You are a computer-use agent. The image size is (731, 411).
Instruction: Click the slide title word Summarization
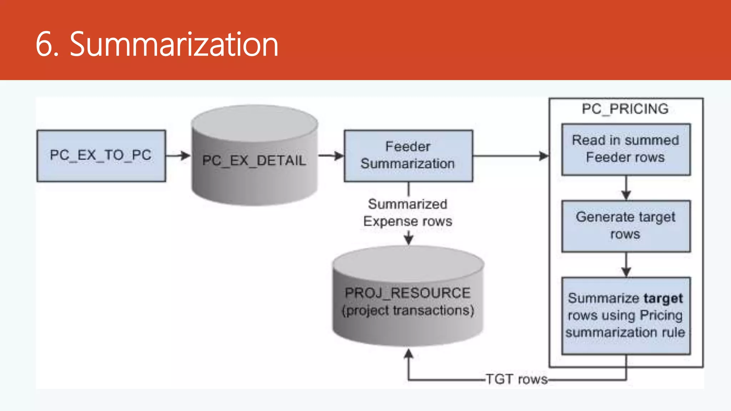click(x=174, y=44)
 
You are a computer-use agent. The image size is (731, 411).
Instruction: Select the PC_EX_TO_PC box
click(x=101, y=156)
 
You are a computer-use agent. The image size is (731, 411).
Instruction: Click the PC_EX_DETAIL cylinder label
click(x=254, y=161)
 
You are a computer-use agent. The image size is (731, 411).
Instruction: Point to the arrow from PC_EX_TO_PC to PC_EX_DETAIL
click(x=178, y=156)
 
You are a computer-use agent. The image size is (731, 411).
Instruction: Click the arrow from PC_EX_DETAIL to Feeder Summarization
click(x=331, y=156)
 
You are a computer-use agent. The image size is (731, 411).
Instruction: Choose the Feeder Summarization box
click(x=408, y=156)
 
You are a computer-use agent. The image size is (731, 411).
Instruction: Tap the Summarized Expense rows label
click(x=408, y=213)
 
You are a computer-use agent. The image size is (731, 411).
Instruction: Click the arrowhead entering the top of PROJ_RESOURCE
click(x=408, y=239)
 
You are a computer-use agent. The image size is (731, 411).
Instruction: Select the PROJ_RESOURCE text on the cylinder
click(x=408, y=293)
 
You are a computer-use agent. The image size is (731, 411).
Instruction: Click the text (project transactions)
click(x=408, y=310)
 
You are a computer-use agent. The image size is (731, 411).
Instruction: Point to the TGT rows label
click(x=516, y=379)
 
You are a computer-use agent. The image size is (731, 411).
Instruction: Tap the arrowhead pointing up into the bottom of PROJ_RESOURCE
click(x=408, y=354)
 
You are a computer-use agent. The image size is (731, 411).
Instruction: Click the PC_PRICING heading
click(x=625, y=109)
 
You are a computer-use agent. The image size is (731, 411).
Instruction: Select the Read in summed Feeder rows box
click(x=626, y=149)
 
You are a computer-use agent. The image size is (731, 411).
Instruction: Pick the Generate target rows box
click(x=626, y=226)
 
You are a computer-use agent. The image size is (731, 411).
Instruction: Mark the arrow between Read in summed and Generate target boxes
click(x=626, y=188)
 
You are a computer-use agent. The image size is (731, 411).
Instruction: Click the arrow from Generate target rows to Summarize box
click(x=626, y=265)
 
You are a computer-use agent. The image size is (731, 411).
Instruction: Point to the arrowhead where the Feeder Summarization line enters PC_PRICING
click(x=544, y=156)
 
